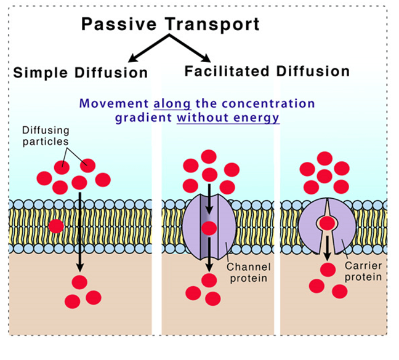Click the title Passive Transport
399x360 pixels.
[x=170, y=25]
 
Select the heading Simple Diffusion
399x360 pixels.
[x=81, y=73]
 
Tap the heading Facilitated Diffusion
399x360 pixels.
[x=267, y=71]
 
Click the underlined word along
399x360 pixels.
[x=172, y=104]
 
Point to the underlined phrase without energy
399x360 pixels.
[x=228, y=118]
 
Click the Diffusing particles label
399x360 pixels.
[x=46, y=136]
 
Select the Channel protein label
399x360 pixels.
[x=249, y=273]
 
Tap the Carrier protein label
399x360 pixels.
[x=363, y=271]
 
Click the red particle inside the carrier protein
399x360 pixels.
[x=327, y=223]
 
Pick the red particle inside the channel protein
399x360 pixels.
[x=209, y=228]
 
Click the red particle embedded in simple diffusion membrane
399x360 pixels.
[x=56, y=226]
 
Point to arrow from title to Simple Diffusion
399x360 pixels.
[x=148, y=48]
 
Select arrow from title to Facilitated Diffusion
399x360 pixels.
[x=190, y=48]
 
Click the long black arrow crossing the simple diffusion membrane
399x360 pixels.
[x=80, y=232]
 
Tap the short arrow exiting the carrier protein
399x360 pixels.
[x=328, y=248]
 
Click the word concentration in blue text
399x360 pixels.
[x=268, y=104]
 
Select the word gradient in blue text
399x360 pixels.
[x=143, y=118]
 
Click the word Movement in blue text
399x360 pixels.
[x=114, y=104]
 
